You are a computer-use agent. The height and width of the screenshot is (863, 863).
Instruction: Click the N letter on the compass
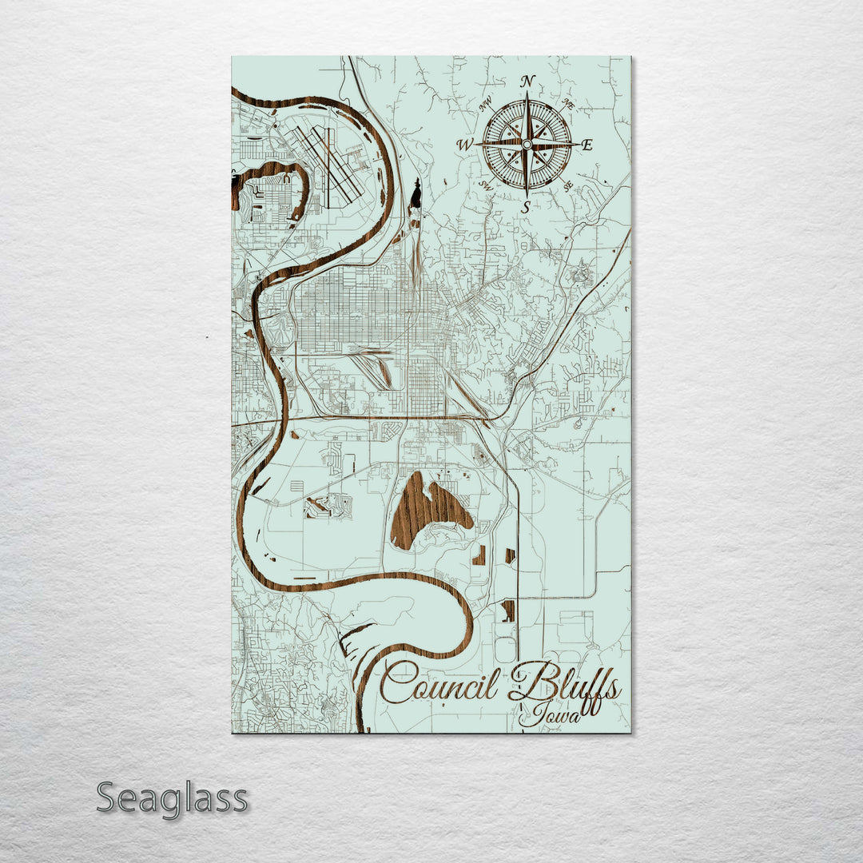pyautogui.click(x=527, y=81)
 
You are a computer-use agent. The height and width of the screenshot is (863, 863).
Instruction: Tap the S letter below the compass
pyautogui.click(x=526, y=207)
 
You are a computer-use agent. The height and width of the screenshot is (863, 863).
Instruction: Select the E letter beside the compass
pyautogui.click(x=587, y=145)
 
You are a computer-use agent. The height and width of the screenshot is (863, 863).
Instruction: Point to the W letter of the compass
pyautogui.click(x=464, y=145)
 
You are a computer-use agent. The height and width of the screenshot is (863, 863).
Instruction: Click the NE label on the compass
pyautogui.click(x=568, y=103)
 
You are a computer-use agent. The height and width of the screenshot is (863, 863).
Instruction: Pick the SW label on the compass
pyautogui.click(x=484, y=185)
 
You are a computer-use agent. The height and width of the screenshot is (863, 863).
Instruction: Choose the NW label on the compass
pyautogui.click(x=484, y=104)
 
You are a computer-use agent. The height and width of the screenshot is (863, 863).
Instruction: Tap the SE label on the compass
pyautogui.click(x=568, y=186)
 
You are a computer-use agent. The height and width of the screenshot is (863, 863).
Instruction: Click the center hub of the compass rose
pyautogui.click(x=527, y=144)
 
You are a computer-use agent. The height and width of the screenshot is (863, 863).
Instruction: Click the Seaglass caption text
pyautogui.click(x=172, y=798)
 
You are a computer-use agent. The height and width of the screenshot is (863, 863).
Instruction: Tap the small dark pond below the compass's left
pyautogui.click(x=416, y=193)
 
